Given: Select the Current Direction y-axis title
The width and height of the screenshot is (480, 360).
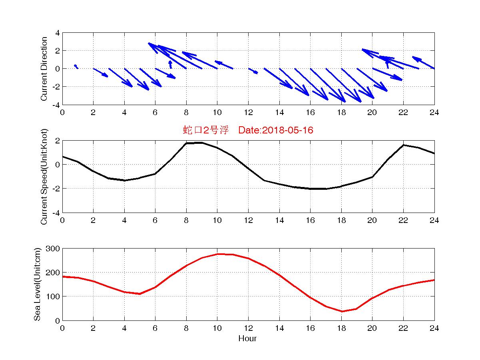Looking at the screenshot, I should pos(44,69).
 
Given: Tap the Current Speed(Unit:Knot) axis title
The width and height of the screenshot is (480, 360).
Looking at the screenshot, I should pos(44,177).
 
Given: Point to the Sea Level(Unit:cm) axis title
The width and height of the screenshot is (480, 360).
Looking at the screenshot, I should pos(37,284).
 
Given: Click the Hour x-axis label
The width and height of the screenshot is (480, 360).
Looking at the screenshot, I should pos(247,339).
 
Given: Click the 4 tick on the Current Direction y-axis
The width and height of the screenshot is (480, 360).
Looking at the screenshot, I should pos(58,33).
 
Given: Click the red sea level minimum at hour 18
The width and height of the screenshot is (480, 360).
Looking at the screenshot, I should pos(341,311).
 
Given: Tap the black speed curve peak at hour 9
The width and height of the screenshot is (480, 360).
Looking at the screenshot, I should pos(201,143).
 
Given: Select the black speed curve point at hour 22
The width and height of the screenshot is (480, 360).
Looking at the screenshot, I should pos(404,145).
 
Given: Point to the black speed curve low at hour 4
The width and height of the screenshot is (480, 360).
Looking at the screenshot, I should pos(124,180).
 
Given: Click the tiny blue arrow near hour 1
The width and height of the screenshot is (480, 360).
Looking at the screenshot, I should pos(76,66).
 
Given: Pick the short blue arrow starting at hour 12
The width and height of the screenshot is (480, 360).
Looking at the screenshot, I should pos(253,71).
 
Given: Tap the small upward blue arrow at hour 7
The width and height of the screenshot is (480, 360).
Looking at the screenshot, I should pos(170,64).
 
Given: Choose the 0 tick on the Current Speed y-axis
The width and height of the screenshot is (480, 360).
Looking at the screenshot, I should pos(58,165).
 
